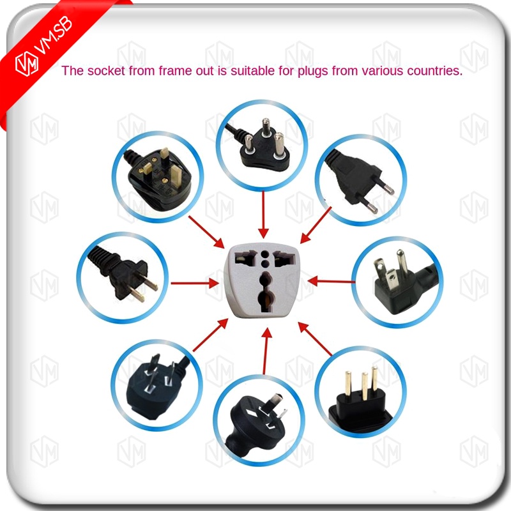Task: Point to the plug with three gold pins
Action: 362,390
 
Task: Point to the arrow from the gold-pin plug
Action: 316,339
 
